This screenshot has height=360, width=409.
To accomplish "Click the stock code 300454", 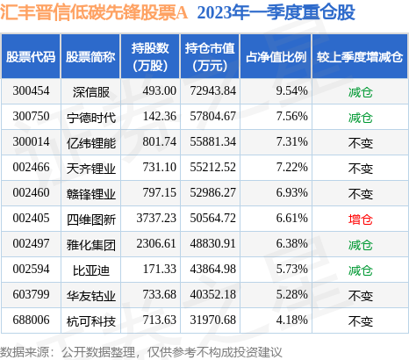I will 31,91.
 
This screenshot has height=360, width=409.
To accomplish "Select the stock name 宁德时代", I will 94,116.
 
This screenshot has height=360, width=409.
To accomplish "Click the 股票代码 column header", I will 31,56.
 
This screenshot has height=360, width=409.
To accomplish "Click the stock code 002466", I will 31,166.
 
